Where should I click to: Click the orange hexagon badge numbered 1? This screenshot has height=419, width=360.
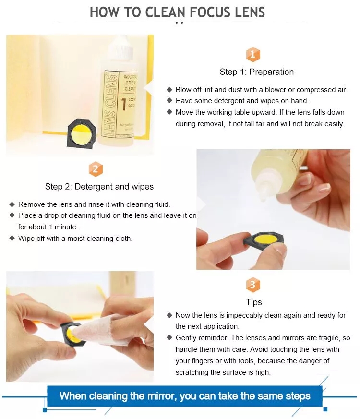[252, 55]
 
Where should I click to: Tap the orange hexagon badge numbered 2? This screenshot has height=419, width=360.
[96, 169]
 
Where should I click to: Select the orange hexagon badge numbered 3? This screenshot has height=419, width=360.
[253, 285]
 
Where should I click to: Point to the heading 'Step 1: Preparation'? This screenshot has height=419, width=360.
[257, 72]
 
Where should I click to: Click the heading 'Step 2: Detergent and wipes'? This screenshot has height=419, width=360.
[99, 187]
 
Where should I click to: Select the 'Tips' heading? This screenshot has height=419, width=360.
[253, 302]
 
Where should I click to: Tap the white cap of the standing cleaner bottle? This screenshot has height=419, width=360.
[121, 51]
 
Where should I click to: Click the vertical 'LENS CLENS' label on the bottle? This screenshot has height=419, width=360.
[110, 105]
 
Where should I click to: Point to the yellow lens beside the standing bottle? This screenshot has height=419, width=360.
[81, 133]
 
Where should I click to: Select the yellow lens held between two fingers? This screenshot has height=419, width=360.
[265, 238]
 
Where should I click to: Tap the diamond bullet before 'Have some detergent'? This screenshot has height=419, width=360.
[169, 100]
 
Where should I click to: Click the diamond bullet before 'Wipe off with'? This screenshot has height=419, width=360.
[12, 238]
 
